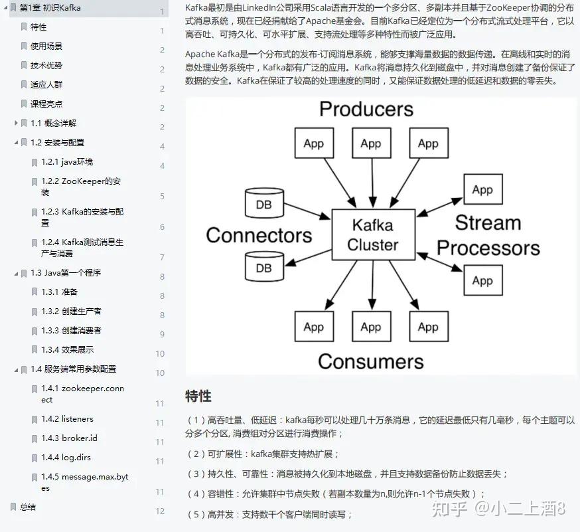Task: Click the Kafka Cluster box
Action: click(x=373, y=234)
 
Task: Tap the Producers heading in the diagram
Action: click(x=366, y=109)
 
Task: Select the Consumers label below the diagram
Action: click(x=371, y=361)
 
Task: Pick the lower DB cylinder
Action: click(x=264, y=266)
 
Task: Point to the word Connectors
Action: click(x=259, y=236)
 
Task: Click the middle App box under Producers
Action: click(x=372, y=143)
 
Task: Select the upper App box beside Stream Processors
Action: click(x=483, y=189)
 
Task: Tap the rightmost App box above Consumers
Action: click(x=429, y=326)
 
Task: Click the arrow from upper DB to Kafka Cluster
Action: click(x=307, y=211)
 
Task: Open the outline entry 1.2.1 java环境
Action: click(x=67, y=162)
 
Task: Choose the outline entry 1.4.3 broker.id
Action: click(x=69, y=438)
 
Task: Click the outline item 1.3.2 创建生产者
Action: click(x=71, y=311)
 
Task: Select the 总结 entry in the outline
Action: click(x=28, y=507)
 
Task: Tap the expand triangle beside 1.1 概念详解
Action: click(x=16, y=123)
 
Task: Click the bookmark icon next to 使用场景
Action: click(x=24, y=46)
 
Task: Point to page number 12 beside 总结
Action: click(x=160, y=511)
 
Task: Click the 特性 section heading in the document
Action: click(x=198, y=396)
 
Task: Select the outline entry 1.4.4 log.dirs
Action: click(x=66, y=457)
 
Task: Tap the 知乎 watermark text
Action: click(x=449, y=509)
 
